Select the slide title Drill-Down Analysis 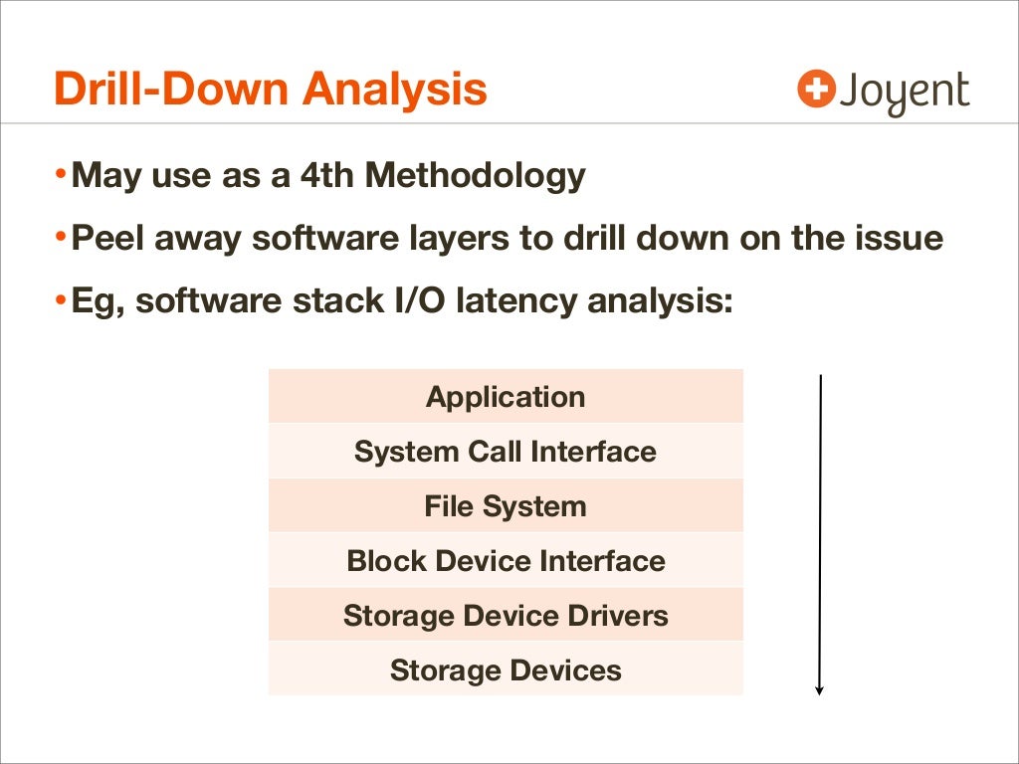tap(271, 89)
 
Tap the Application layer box tap(506, 397)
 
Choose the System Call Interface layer tap(506, 452)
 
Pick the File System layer tap(506, 506)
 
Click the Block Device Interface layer tap(506, 561)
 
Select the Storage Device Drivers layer tap(506, 616)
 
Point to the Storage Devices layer tap(506, 670)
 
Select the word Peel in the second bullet tap(103, 239)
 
